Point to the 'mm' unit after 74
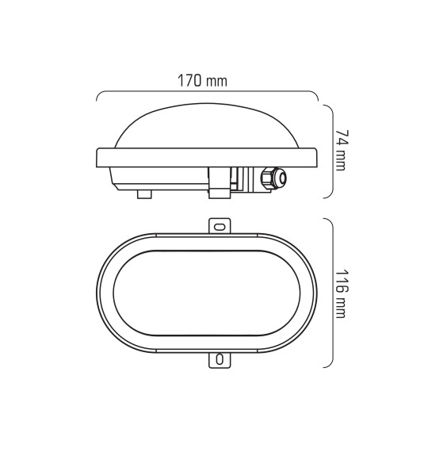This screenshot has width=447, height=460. click(342, 162)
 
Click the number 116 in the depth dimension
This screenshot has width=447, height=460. click(342, 281)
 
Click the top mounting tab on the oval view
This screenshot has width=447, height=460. click(220, 226)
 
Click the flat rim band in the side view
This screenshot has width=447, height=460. click(206, 157)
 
